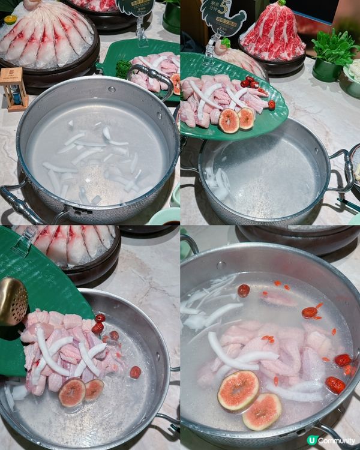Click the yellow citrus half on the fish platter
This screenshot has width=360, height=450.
click(x=10, y=19)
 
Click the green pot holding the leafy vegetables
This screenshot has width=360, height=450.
click(x=327, y=71)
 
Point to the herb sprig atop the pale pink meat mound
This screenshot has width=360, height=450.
click(x=226, y=43)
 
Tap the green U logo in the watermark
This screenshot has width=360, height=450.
click(x=311, y=440)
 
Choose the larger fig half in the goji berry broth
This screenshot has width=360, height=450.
click(x=238, y=390)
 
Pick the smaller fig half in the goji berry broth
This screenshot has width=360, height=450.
click(x=262, y=411)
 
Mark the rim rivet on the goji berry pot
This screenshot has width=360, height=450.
click(x=222, y=265)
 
